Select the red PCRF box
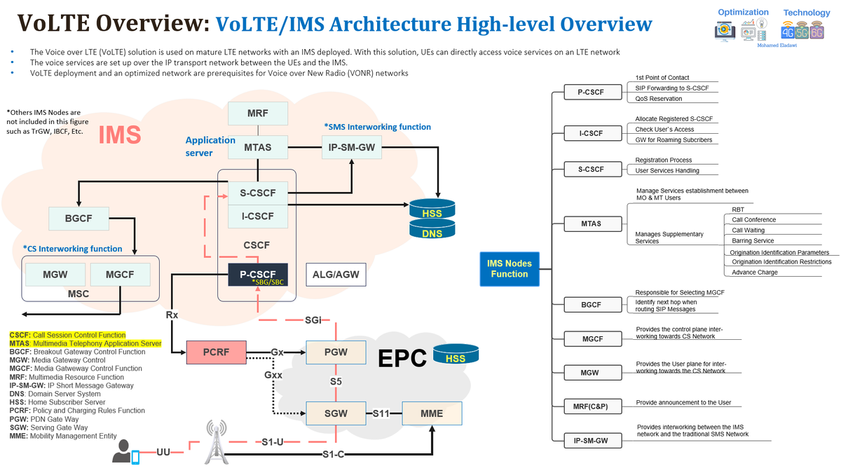pyautogui.click(x=217, y=352)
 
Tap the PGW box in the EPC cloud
pyautogui.click(x=336, y=352)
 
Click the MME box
pyautogui.click(x=432, y=413)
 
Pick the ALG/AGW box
pyautogui.click(x=336, y=275)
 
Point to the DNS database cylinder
pyautogui.click(x=432, y=231)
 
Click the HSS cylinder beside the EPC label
pyautogui.click(x=456, y=355)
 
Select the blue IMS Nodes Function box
pyautogui.click(x=510, y=268)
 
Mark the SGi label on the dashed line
pyautogui.click(x=313, y=320)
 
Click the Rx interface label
pyautogui.click(x=172, y=315)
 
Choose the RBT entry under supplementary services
pyautogui.click(x=738, y=210)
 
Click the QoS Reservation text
pyautogui.click(x=659, y=99)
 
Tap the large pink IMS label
pyautogui.click(x=120, y=134)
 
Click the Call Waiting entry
pyautogui.click(x=748, y=230)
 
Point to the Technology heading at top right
pyautogui.click(x=806, y=13)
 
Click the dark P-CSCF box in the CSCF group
pyautogui.click(x=258, y=275)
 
